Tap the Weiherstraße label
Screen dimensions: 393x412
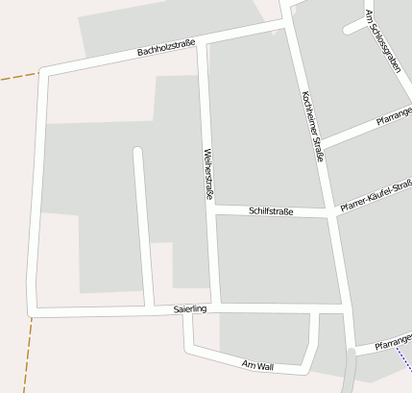pyautogui.click(x=207, y=174)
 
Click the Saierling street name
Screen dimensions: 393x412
pyautogui.click(x=190, y=309)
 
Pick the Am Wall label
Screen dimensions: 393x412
pyautogui.click(x=258, y=366)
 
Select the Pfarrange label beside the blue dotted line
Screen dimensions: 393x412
pyautogui.click(x=393, y=341)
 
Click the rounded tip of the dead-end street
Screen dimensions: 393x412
pyautogui.click(x=137, y=152)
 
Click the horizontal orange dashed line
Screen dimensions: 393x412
pyautogui.click(x=16, y=76)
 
